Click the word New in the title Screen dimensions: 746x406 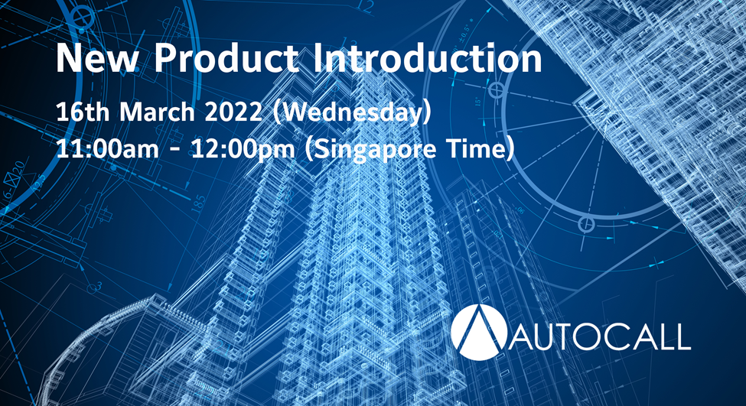97,58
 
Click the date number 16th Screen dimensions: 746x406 83,112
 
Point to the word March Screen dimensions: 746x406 157,112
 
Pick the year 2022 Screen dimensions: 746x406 233,112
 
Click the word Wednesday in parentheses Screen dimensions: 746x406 353,112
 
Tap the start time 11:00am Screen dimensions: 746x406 108,149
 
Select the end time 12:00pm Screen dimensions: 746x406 243,150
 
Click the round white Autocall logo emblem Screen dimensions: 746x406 479,332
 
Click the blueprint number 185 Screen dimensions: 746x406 199,204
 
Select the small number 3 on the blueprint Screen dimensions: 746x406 99,286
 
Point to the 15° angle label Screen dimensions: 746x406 478,101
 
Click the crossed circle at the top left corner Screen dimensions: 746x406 82,18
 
